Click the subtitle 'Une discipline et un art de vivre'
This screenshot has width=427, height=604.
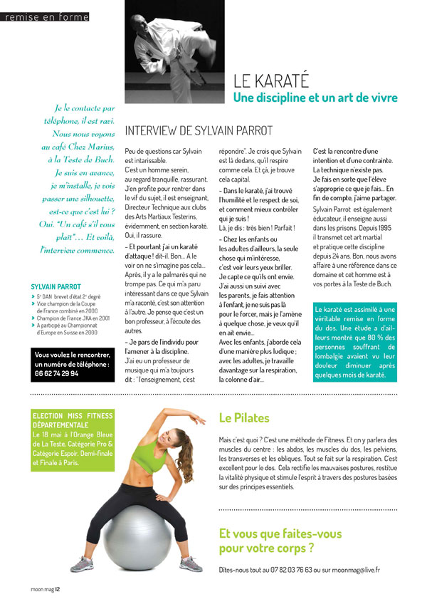pos(315,98)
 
